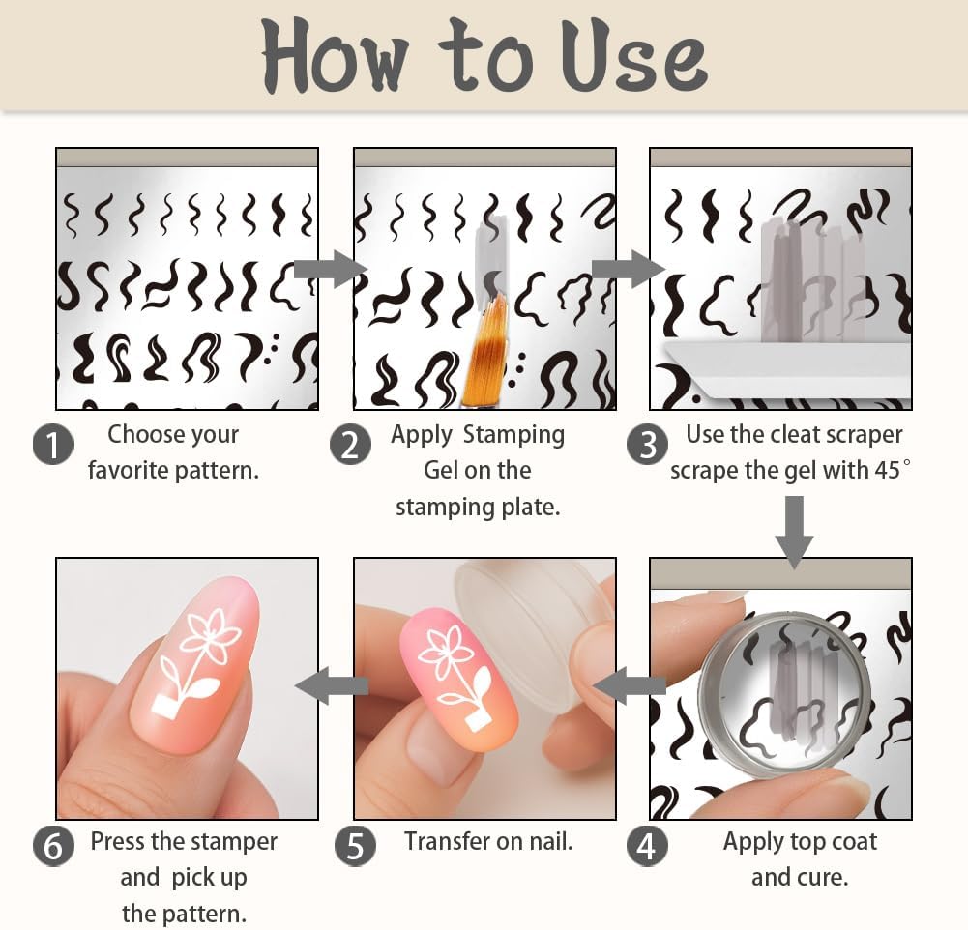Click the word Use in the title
click(x=634, y=57)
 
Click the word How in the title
click(x=335, y=56)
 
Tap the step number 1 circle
click(x=53, y=445)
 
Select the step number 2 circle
click(x=350, y=445)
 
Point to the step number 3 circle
click(x=647, y=444)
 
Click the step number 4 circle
click(x=647, y=846)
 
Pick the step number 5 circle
click(x=355, y=846)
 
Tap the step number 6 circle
click(x=53, y=846)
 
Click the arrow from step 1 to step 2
click(x=331, y=269)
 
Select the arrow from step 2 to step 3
click(x=629, y=269)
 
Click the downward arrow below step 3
click(x=795, y=533)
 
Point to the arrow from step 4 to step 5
click(x=630, y=685)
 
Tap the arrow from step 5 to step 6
click(x=332, y=685)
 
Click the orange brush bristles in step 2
click(x=484, y=345)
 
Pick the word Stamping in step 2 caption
click(x=513, y=435)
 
